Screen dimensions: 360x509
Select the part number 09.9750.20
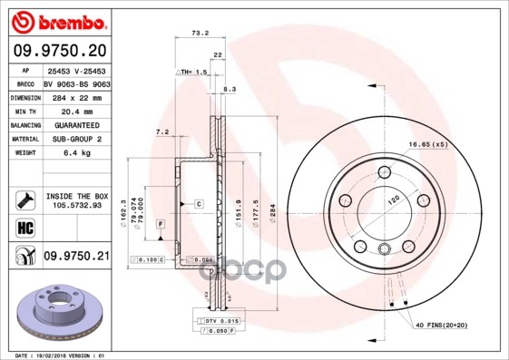tap(56, 52)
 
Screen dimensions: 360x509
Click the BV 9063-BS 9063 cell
tap(76, 82)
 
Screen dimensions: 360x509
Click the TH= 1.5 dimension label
tap(193, 72)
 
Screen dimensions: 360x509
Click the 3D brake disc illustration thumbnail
tap(56, 312)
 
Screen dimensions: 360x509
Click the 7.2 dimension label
tap(163, 132)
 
